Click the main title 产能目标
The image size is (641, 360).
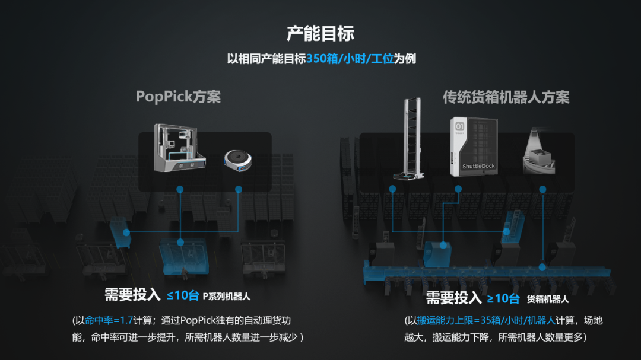point(320,33)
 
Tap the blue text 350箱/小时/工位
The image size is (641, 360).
point(350,59)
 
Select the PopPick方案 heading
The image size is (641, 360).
point(178,97)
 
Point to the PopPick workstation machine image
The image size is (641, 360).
point(179,148)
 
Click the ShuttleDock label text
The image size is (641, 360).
point(478,167)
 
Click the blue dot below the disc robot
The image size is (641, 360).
point(239,189)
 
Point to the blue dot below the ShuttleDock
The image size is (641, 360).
point(458,189)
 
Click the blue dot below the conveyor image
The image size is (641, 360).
point(542,189)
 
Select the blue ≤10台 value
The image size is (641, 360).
point(182,295)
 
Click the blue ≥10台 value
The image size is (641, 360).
point(503,298)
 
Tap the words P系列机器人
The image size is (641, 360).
point(230,296)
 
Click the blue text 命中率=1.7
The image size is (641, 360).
point(109,320)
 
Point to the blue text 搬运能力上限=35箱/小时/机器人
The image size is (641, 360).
point(486,320)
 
